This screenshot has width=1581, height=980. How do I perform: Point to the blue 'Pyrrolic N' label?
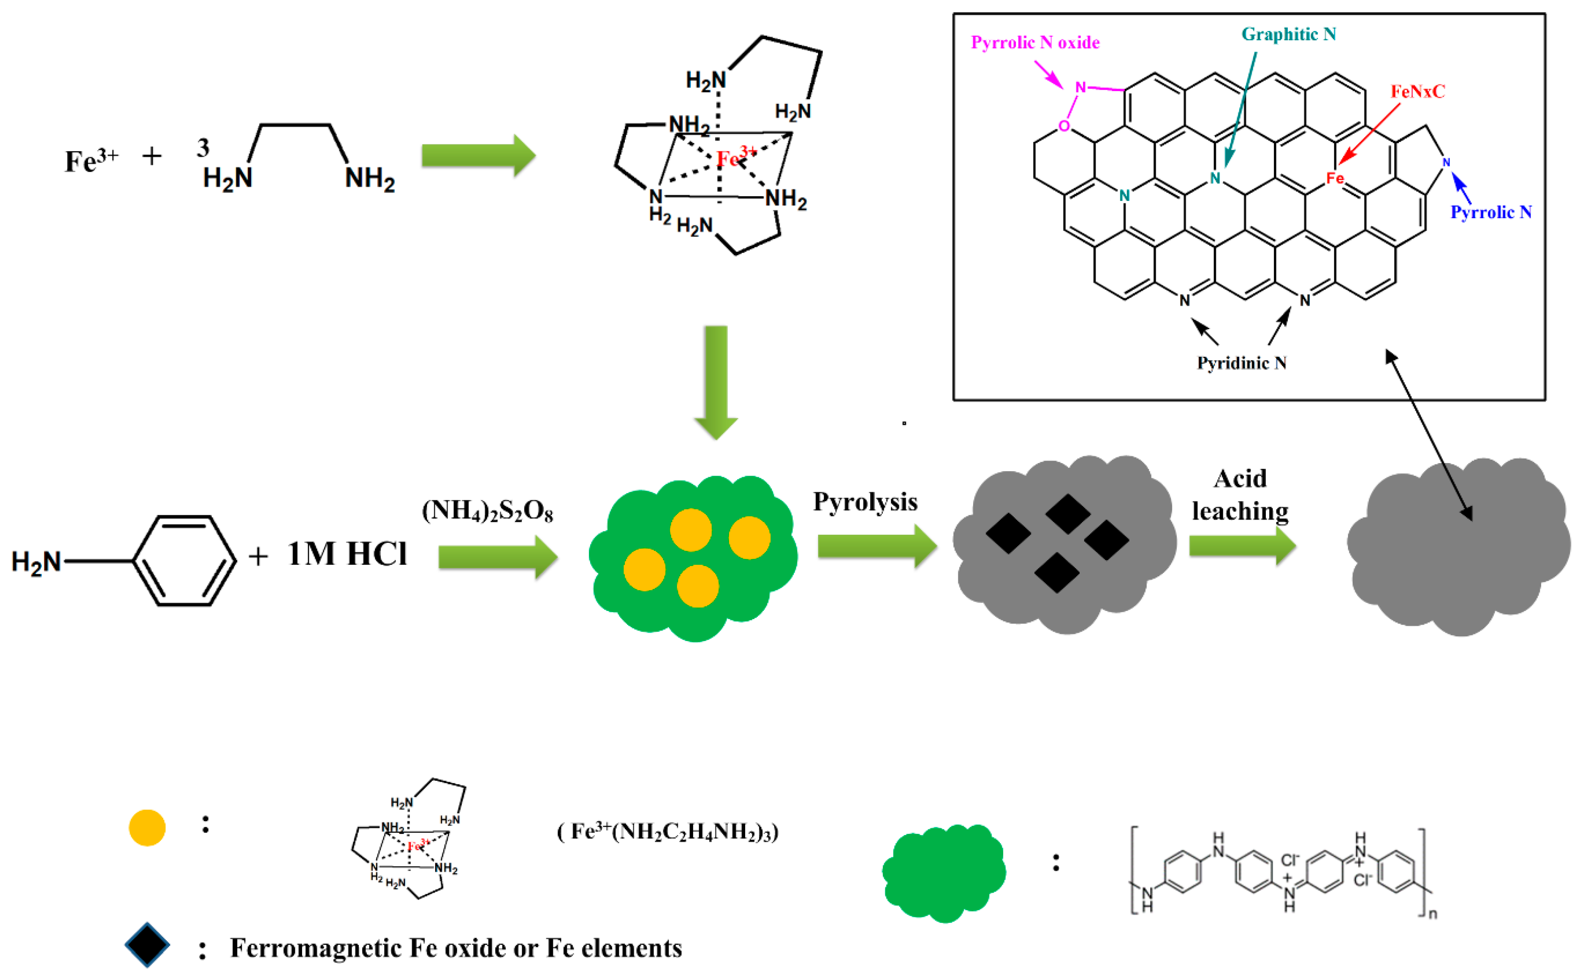click(x=1490, y=212)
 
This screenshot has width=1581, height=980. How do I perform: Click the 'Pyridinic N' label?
click(x=1241, y=363)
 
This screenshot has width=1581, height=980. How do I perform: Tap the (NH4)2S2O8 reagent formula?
click(x=487, y=511)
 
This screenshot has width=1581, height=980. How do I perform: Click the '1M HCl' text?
click(x=346, y=554)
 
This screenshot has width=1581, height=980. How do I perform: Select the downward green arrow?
click(x=716, y=383)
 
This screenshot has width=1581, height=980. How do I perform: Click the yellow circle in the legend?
click(x=147, y=828)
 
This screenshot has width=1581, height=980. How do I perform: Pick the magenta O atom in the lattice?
click(x=1063, y=126)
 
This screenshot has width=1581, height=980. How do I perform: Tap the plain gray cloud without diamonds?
click(x=1458, y=548)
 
